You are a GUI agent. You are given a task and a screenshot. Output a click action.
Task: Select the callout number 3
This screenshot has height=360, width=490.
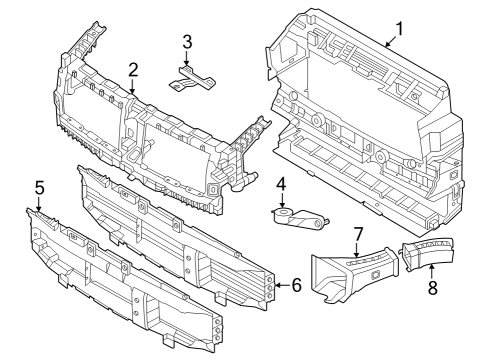tap(187, 41)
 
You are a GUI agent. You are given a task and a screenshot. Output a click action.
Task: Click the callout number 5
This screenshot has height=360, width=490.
tap(39, 186)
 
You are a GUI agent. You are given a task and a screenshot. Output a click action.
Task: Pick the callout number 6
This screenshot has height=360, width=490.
tap(296, 285)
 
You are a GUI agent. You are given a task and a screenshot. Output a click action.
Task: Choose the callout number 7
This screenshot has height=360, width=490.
tap(357, 235)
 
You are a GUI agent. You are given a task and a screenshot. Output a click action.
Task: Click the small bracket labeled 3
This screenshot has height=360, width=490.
tap(192, 77)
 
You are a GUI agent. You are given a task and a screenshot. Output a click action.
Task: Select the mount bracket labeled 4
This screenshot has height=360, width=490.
tap(298, 214)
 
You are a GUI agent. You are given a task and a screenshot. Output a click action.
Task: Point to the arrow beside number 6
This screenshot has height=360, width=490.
tap(282, 285)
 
